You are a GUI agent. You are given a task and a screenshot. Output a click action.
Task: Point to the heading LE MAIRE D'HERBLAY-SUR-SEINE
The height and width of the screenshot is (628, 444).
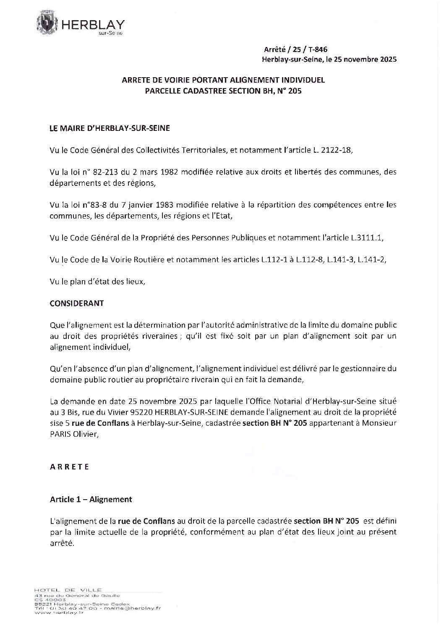pyautogui.click(x=110, y=128)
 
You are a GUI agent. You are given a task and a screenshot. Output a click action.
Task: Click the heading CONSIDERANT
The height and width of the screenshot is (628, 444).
pyautogui.click(x=77, y=303)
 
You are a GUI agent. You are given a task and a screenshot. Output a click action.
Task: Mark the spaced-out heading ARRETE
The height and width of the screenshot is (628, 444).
pyautogui.click(x=70, y=467)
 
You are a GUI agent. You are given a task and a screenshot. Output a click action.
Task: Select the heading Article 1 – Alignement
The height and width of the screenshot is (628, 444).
pyautogui.click(x=91, y=499)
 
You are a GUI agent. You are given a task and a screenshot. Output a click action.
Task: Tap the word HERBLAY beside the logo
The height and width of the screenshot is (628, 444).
pyautogui.click(x=93, y=25)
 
